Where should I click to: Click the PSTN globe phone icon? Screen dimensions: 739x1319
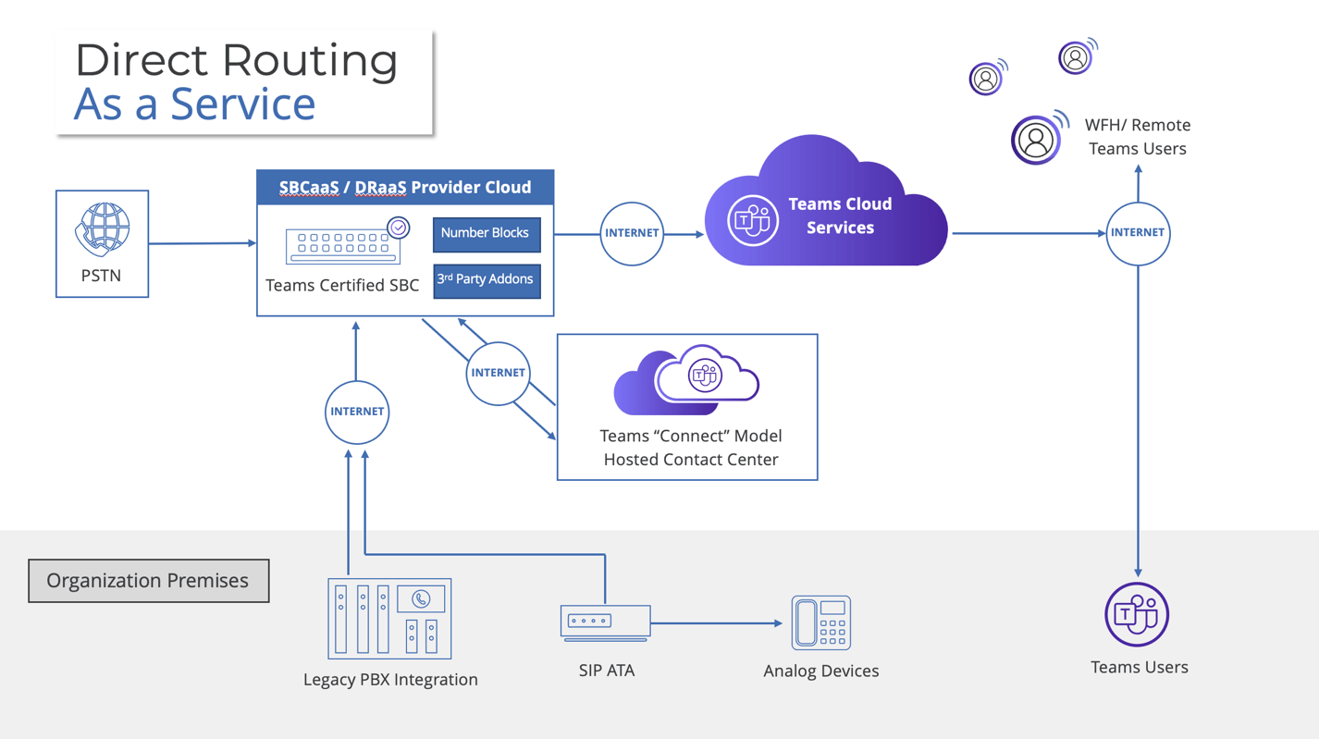point(102,229)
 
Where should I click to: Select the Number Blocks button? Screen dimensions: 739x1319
point(487,234)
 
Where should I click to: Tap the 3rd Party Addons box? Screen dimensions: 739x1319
point(487,279)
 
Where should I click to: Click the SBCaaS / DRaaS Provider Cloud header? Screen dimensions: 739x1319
point(405,188)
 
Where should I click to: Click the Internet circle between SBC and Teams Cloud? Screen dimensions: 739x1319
point(632,233)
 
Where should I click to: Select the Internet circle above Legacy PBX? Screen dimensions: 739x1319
point(357,412)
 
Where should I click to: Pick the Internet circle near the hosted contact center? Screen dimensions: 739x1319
point(498,373)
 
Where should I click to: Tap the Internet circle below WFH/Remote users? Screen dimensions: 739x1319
point(1138,233)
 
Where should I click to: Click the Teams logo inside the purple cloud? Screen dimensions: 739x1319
point(752,220)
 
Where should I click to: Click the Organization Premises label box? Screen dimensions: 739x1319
point(149,581)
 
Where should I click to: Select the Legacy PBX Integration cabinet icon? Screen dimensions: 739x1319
point(389,619)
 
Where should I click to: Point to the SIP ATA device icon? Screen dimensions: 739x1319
point(605,622)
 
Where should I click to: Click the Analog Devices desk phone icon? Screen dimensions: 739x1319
point(820,622)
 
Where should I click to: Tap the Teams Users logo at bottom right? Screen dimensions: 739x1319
point(1137,614)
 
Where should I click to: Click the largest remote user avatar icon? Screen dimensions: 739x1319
point(1037,141)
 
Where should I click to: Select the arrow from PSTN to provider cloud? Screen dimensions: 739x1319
point(202,243)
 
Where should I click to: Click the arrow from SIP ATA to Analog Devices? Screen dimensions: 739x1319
point(717,623)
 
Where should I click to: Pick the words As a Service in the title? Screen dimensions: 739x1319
point(194,104)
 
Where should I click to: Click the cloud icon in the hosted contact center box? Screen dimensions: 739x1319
point(687,379)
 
